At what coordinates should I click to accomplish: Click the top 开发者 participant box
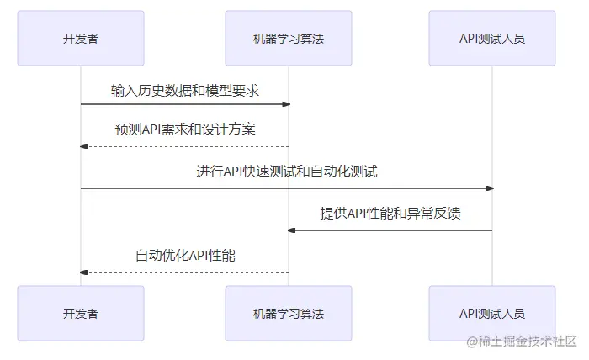point(81,38)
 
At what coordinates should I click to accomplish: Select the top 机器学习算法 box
point(289,38)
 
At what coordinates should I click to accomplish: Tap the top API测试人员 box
point(492,38)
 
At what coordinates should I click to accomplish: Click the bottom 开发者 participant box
point(81,313)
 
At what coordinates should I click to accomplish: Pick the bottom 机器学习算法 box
point(289,313)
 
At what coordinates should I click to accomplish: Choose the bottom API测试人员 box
point(492,313)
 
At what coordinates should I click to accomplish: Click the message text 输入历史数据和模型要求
point(184,89)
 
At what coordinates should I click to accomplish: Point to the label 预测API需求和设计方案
point(184,130)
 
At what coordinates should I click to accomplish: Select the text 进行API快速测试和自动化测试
point(286,172)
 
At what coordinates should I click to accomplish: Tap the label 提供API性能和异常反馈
point(390,214)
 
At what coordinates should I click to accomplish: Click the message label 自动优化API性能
point(185,255)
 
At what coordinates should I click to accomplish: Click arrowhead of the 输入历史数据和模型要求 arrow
point(286,104)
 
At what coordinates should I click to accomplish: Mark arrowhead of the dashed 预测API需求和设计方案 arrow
point(83,146)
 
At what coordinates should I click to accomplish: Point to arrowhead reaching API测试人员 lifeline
point(489,188)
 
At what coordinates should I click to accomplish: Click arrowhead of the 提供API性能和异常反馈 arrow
point(292,230)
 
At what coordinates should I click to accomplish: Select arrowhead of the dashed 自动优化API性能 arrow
point(83,272)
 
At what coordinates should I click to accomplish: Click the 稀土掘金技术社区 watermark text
point(522,341)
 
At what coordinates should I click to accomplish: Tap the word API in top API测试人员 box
point(468,38)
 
